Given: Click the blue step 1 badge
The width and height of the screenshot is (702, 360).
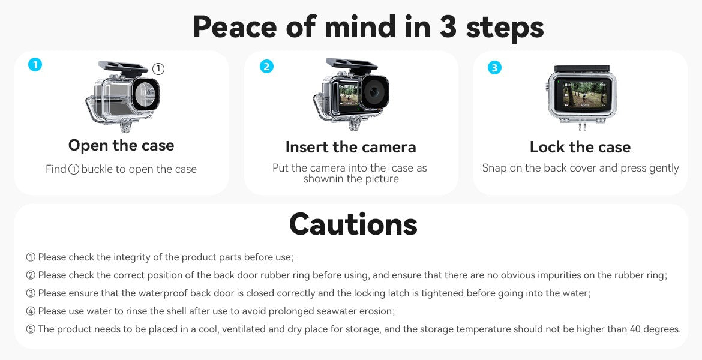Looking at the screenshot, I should (35, 65).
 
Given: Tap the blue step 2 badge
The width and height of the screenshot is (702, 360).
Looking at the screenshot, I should (266, 67).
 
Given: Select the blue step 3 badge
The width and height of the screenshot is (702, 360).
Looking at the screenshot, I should (494, 68).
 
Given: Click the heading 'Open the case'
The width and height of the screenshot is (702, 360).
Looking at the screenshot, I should (121, 145).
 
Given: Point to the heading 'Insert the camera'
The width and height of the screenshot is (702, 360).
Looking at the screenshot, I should (350, 147).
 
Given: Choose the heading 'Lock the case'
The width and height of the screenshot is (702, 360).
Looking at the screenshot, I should (580, 147).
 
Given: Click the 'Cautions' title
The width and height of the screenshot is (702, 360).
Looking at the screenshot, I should (353, 224).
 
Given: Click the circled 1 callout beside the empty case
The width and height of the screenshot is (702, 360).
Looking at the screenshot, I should (158, 70).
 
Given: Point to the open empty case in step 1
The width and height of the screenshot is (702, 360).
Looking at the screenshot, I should (123, 96).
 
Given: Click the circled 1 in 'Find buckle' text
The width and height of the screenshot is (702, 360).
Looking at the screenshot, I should (74, 170).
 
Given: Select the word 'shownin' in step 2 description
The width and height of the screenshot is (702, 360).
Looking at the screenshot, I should (324, 179).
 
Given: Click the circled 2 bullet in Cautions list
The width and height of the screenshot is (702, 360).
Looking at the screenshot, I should (31, 275).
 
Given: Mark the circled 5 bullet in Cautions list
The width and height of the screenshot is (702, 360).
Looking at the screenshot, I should (31, 329).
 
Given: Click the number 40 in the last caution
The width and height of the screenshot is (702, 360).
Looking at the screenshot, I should (635, 329).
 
